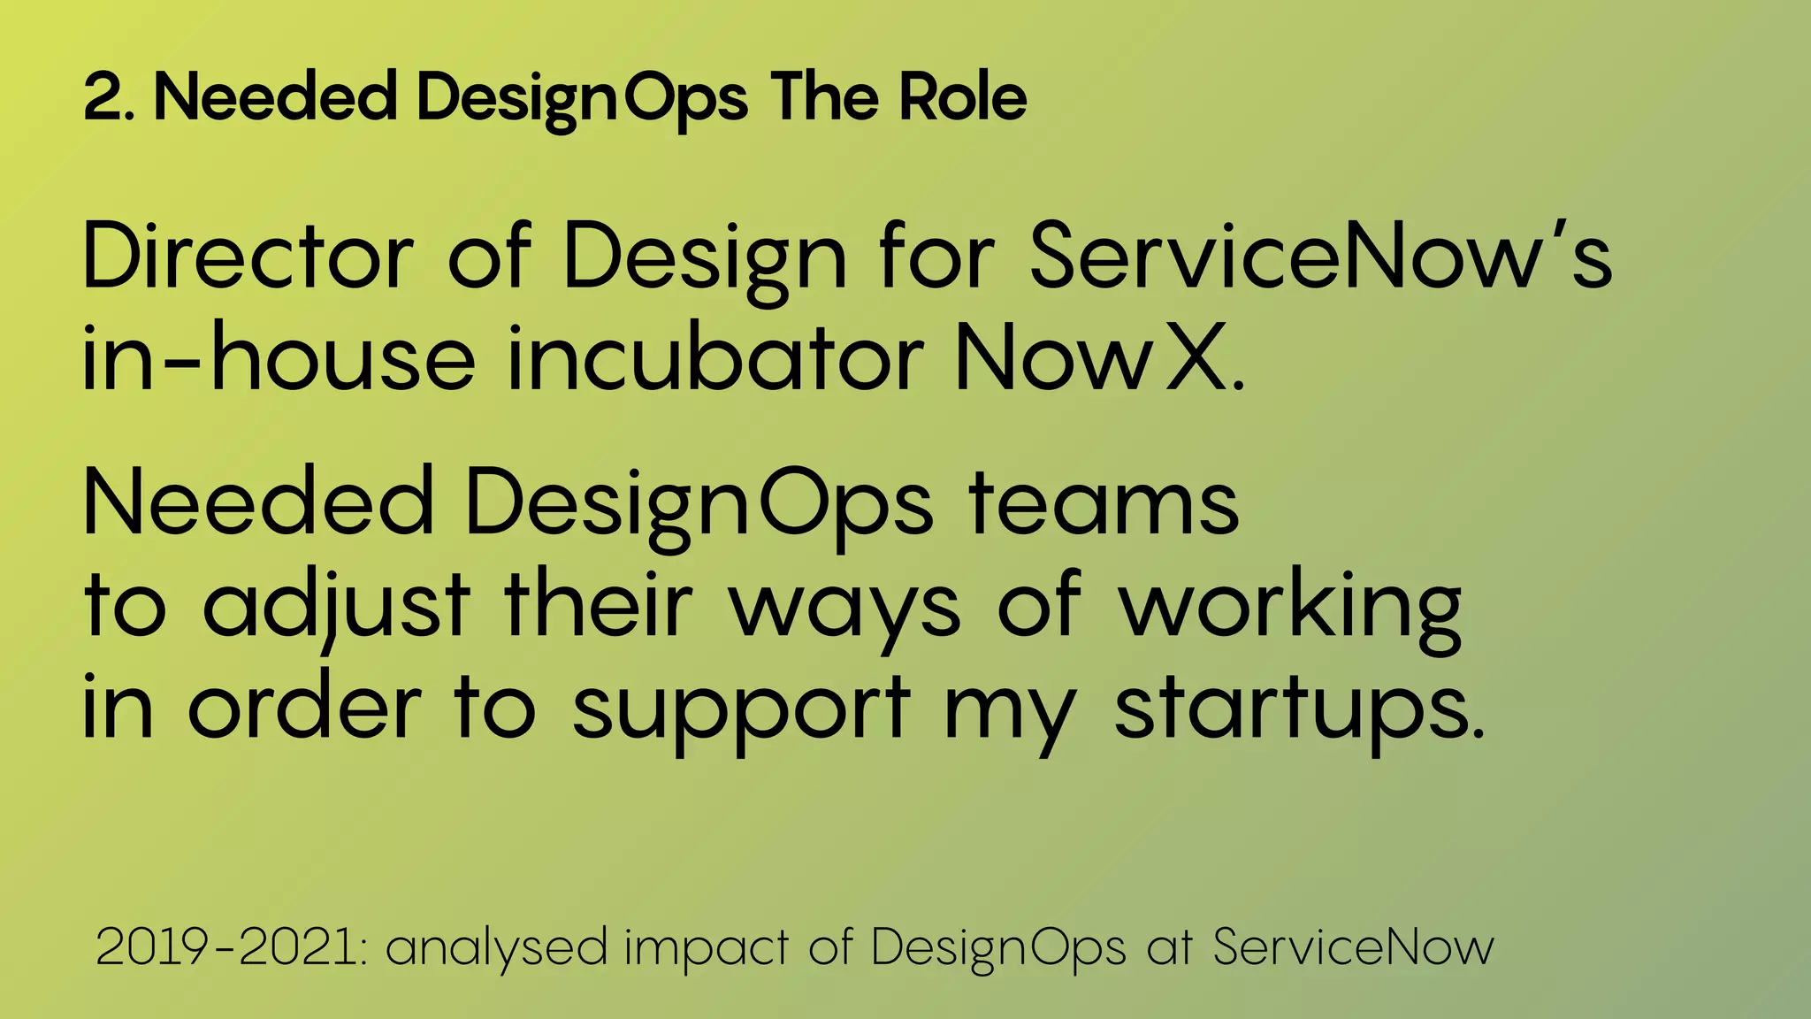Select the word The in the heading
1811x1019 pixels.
pos(824,97)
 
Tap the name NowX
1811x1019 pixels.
pos(1097,358)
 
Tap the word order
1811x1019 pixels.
pos(304,708)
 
